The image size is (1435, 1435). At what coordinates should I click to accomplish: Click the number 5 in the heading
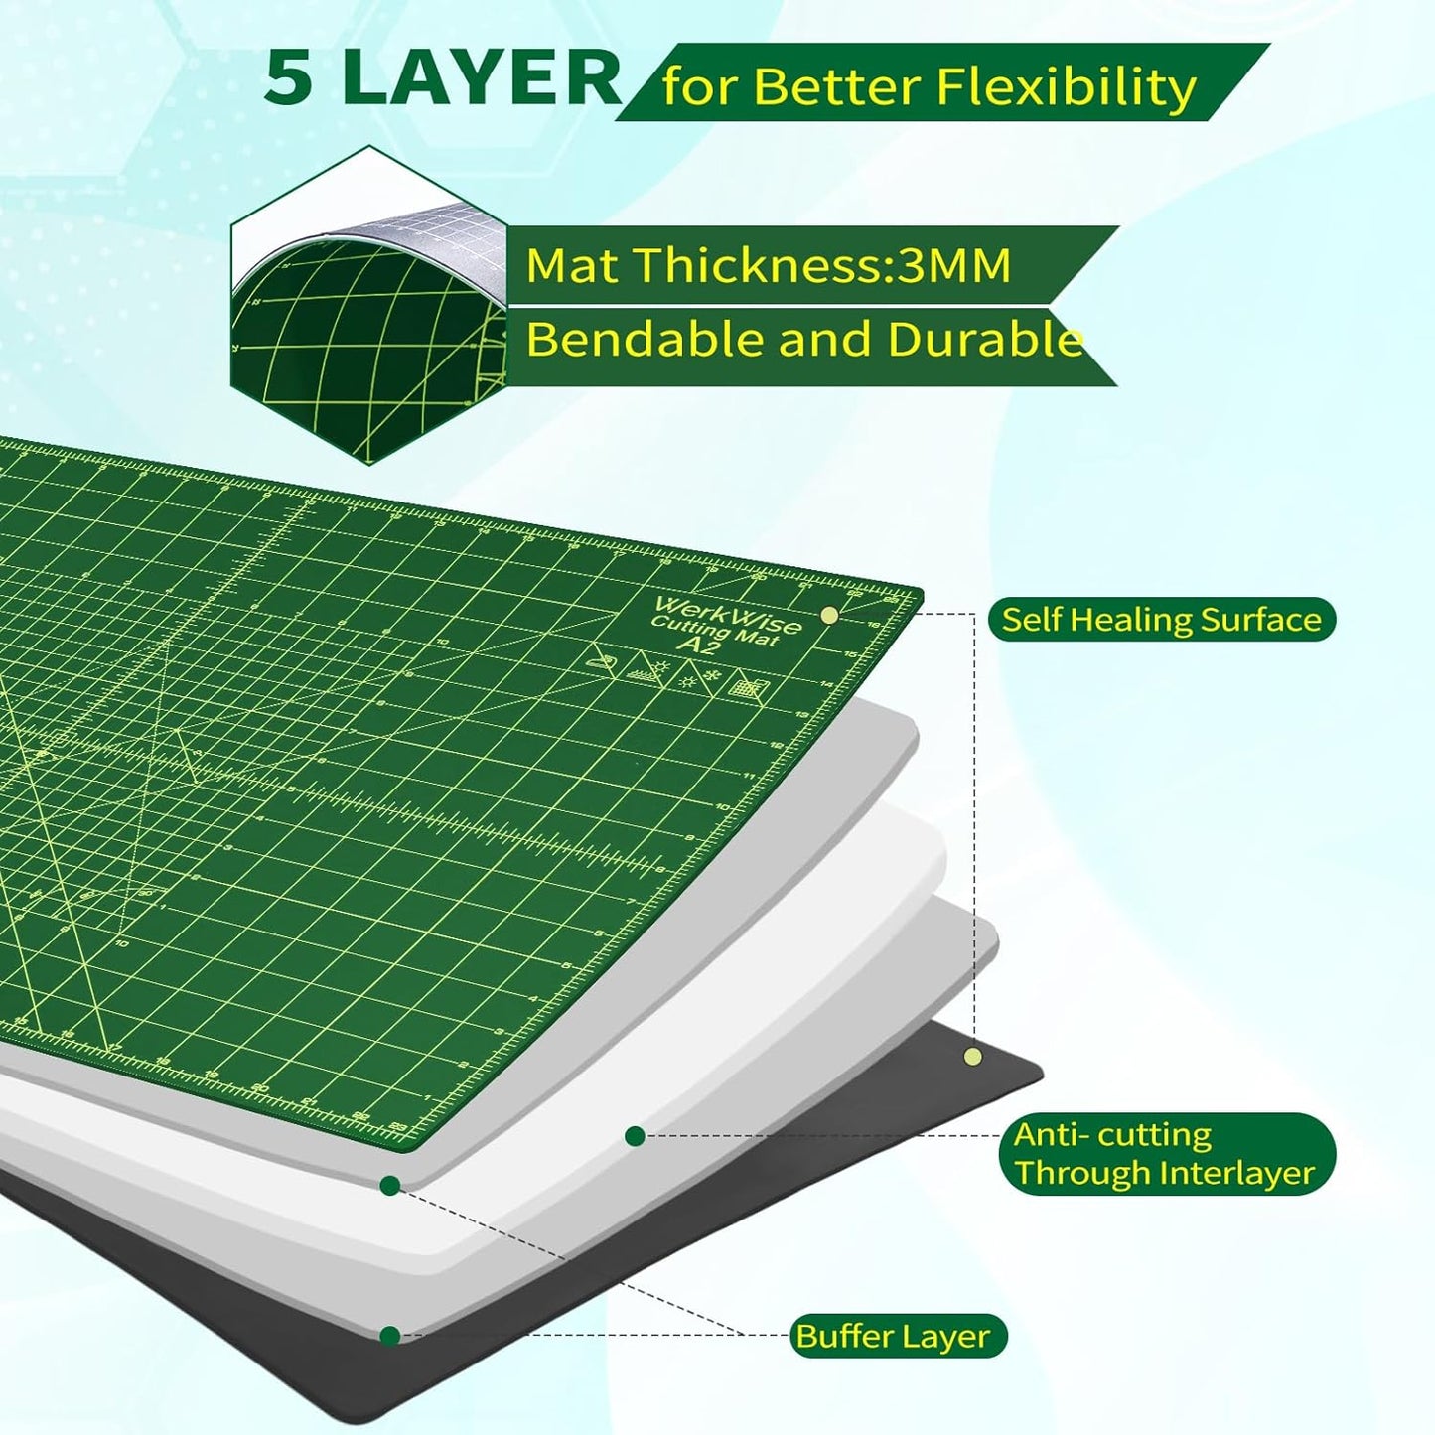point(288,78)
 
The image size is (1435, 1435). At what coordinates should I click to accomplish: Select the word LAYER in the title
point(481,78)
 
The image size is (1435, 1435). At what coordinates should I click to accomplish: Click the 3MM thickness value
point(953,265)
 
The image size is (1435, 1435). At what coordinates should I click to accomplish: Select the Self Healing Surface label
point(1161,620)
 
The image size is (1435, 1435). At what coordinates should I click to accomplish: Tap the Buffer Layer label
point(893,1336)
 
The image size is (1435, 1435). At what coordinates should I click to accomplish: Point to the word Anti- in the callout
point(1049,1134)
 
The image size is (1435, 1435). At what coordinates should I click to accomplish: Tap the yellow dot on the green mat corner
point(829,616)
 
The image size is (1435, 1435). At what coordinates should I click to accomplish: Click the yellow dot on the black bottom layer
point(972,1057)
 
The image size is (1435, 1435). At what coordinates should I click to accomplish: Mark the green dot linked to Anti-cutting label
point(635,1136)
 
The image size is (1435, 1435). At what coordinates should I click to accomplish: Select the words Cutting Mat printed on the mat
point(715,632)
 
